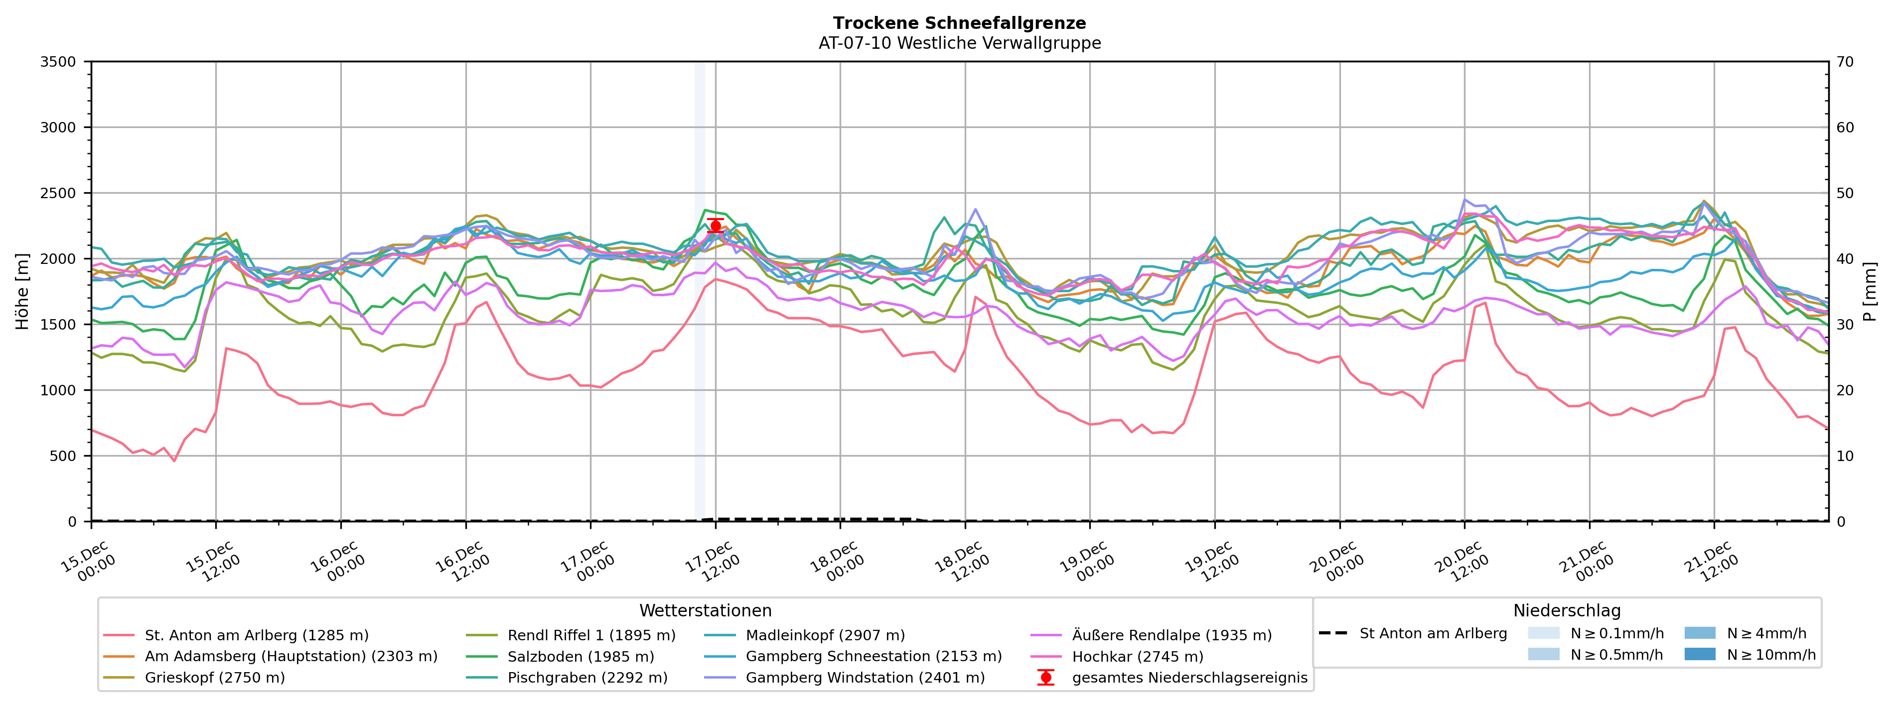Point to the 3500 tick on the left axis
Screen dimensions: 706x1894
(x=58, y=62)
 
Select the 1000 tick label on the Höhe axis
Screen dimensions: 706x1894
(x=58, y=390)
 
